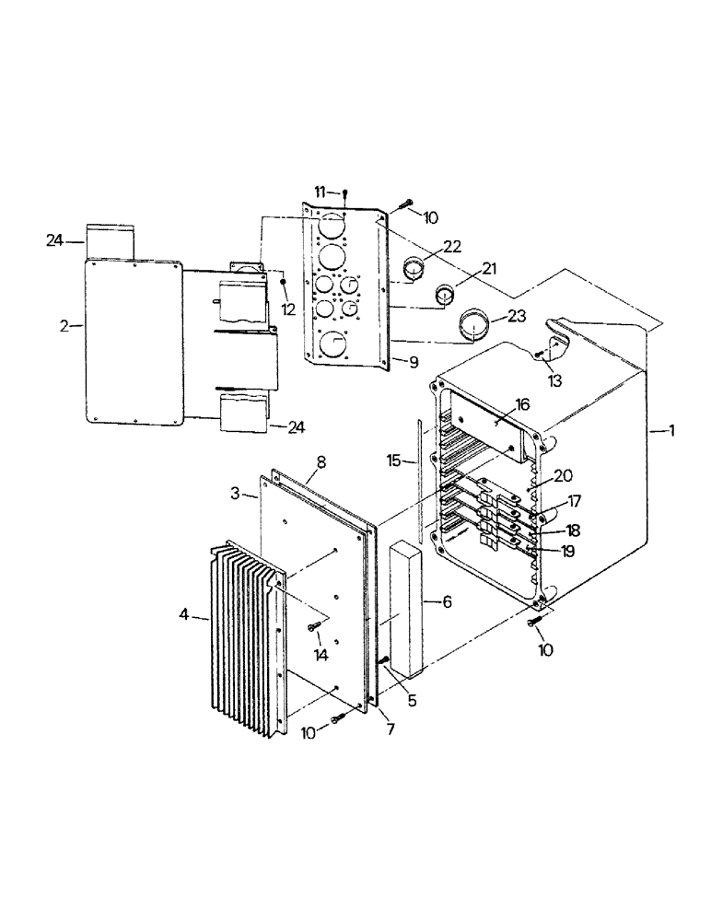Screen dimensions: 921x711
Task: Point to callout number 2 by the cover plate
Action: [x=64, y=326]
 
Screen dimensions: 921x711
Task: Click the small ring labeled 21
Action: [x=446, y=297]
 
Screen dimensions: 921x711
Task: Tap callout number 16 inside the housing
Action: [x=523, y=404]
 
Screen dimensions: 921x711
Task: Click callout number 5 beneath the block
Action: [x=411, y=701]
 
